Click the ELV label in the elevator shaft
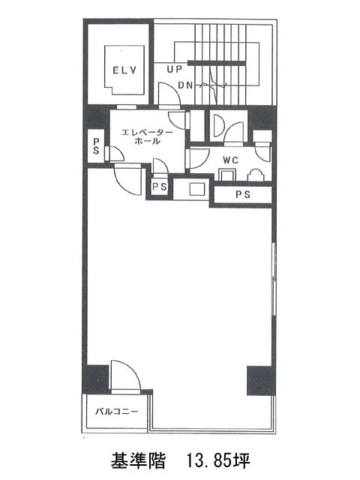124,70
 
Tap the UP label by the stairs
174,70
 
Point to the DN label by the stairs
186,85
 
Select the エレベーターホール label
147,136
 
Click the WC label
230,160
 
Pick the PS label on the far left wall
96,146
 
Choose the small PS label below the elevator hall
160,187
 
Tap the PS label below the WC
243,194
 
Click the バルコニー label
117,411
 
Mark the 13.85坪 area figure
218,460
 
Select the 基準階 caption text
138,460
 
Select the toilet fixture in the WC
255,175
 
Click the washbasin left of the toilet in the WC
227,175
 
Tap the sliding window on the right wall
274,278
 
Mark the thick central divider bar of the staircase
217,63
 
